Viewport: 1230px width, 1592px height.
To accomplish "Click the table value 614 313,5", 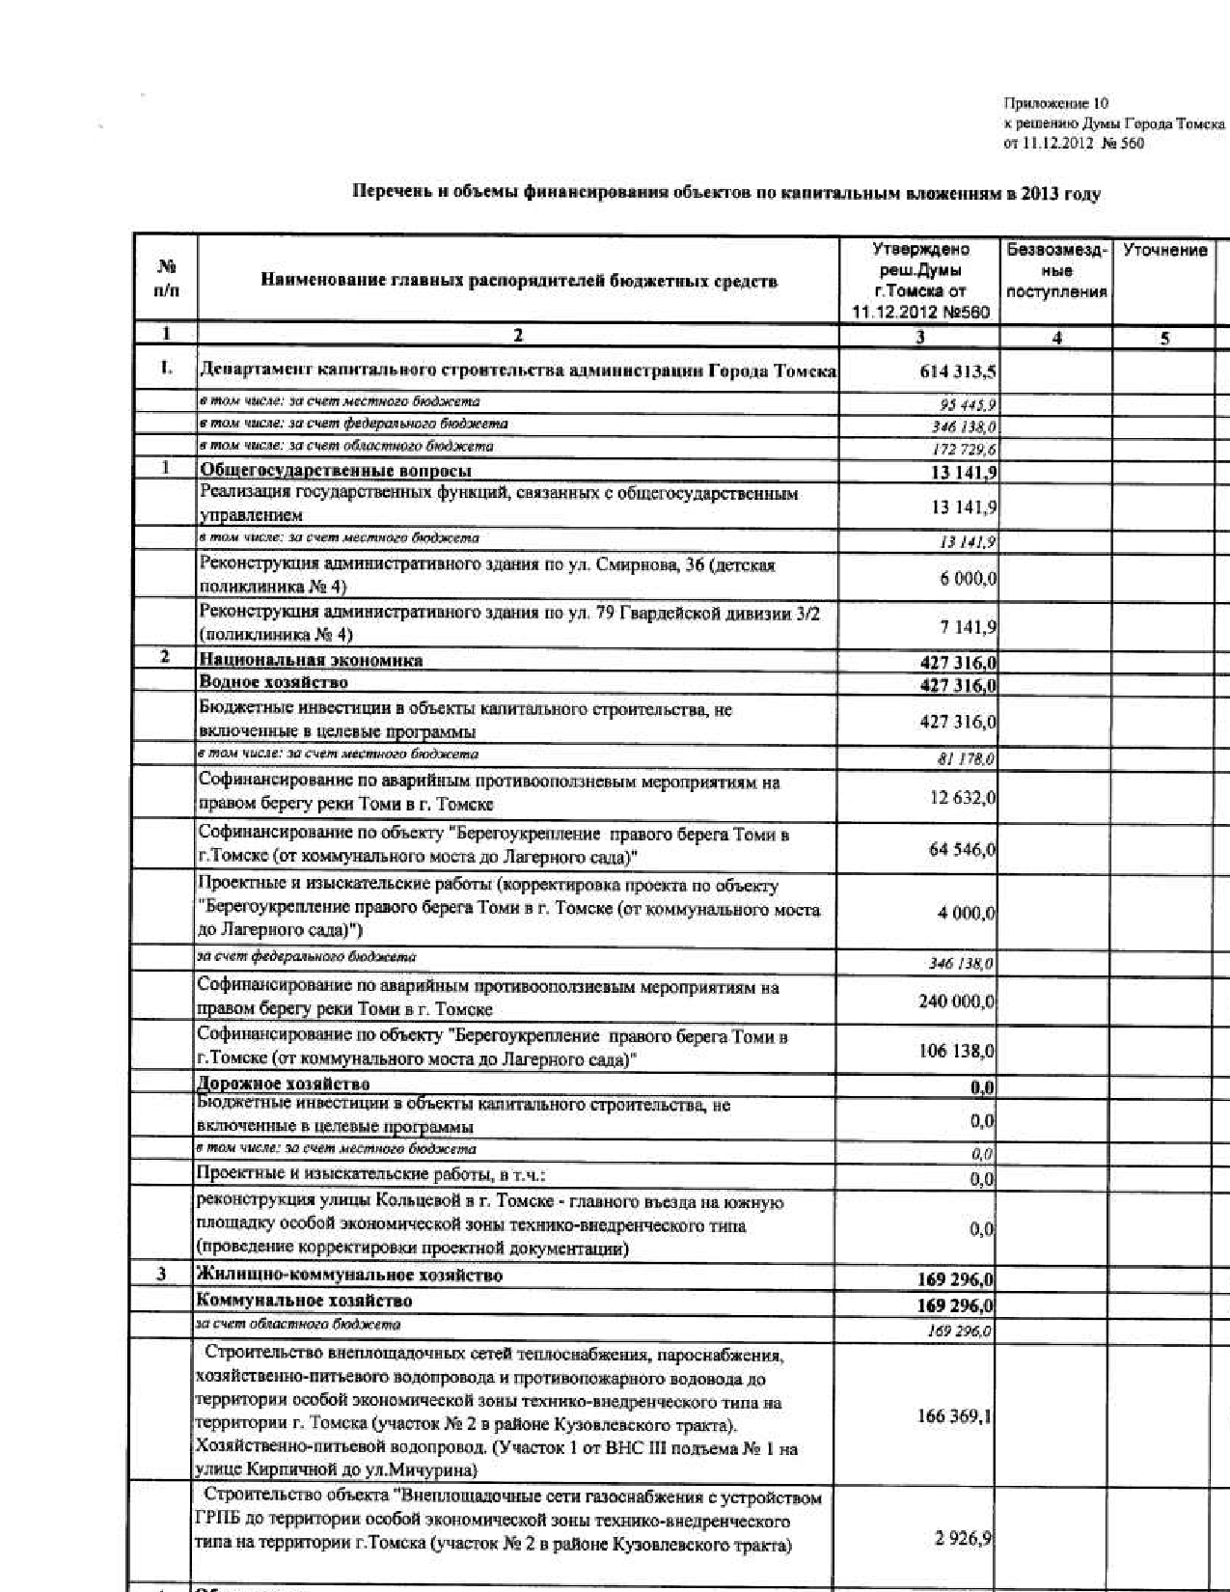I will (x=958, y=372).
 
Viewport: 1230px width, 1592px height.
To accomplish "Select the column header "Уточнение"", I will (x=1164, y=251).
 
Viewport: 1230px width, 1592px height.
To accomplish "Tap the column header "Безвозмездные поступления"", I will (x=1057, y=271).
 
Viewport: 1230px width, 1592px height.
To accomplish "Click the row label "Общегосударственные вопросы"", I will (x=336, y=471).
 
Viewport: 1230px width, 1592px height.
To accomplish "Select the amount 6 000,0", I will (x=969, y=578).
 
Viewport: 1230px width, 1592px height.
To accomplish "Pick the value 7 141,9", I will (x=969, y=627).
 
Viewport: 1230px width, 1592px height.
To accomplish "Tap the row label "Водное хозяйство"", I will (x=273, y=683).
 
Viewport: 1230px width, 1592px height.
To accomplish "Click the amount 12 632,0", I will (x=963, y=798).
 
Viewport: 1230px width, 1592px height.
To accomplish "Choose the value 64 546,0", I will (x=963, y=849).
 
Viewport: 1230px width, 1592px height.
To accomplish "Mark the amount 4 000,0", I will (x=968, y=913).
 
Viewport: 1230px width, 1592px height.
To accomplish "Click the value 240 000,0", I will (x=957, y=1002).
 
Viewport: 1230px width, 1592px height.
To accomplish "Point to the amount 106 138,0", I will (x=957, y=1051).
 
